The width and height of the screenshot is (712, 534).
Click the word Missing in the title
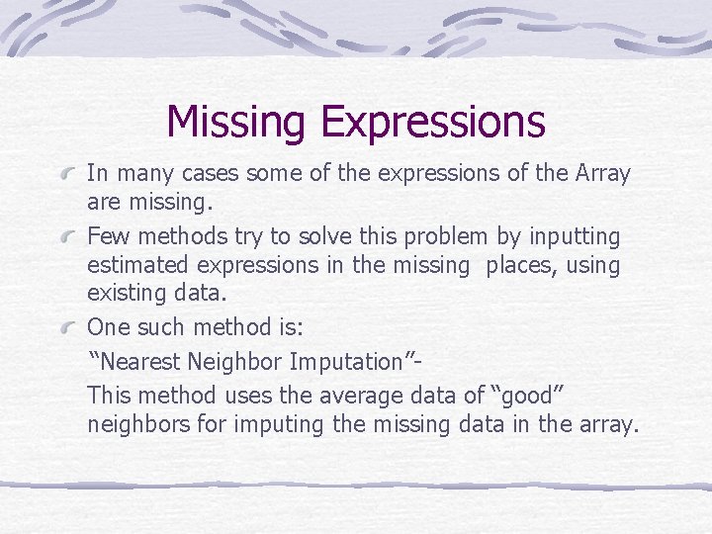238,122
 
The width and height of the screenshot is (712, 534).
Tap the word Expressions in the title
432,122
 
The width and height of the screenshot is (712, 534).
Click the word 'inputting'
574,237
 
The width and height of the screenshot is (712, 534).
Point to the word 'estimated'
135,266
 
